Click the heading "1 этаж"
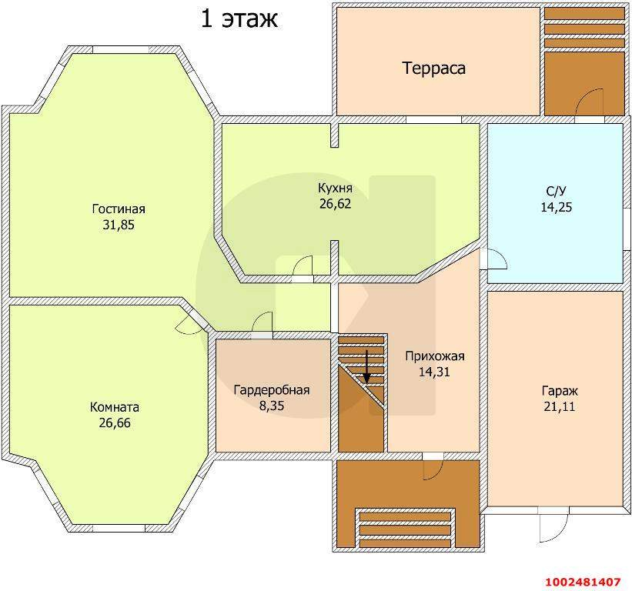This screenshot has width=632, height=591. pyautogui.click(x=239, y=19)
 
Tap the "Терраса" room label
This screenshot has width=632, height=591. pyautogui.click(x=433, y=68)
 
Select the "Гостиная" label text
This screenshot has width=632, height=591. pyautogui.click(x=119, y=209)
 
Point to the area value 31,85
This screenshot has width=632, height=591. pyautogui.click(x=119, y=225)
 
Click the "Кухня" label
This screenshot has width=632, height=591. pyautogui.click(x=336, y=188)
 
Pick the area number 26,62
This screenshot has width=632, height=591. pyautogui.click(x=336, y=204)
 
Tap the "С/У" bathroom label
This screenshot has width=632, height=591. pyautogui.click(x=557, y=191)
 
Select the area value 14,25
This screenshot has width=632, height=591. pyautogui.click(x=557, y=207)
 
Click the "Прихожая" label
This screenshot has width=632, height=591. pyautogui.click(x=435, y=356)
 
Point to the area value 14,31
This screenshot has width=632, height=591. pyautogui.click(x=434, y=372)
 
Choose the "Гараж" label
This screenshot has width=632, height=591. pyautogui.click(x=560, y=391)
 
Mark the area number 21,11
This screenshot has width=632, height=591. pyautogui.click(x=560, y=407)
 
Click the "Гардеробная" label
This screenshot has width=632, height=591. pyautogui.click(x=272, y=390)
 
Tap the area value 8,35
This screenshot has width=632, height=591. pyautogui.click(x=272, y=406)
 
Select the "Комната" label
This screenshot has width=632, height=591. pyautogui.click(x=115, y=407)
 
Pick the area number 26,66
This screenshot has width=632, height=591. pyautogui.click(x=115, y=423)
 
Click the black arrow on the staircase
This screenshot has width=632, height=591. pyautogui.click(x=366, y=366)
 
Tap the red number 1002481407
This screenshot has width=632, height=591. pyautogui.click(x=583, y=582)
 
